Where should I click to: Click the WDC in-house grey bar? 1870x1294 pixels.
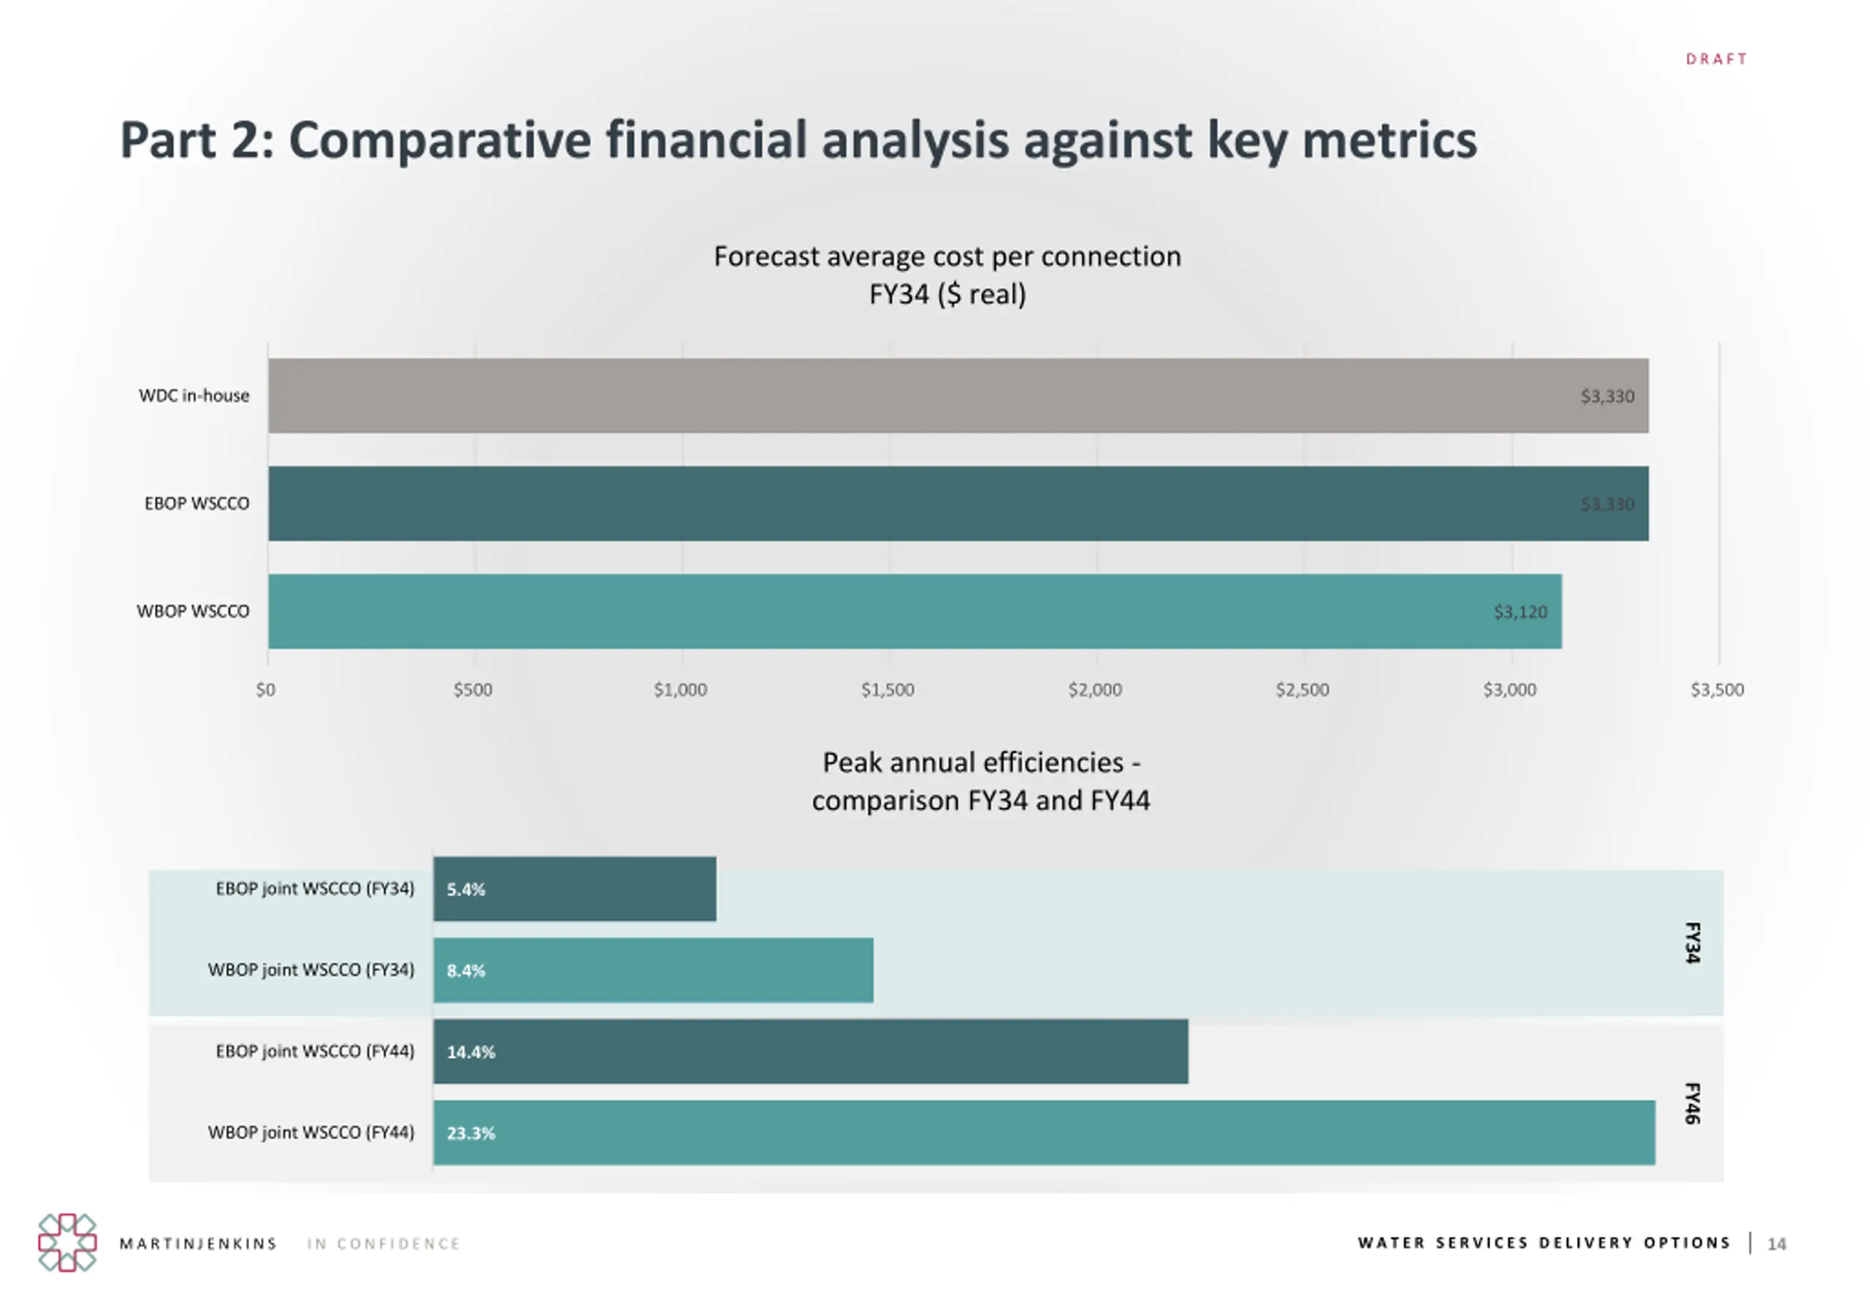(x=957, y=396)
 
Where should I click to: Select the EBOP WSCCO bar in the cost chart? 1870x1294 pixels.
(x=957, y=503)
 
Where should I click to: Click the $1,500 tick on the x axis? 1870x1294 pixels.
(x=888, y=690)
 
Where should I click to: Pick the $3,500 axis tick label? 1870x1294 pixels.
(x=1716, y=690)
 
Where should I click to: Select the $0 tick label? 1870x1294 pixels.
(x=265, y=690)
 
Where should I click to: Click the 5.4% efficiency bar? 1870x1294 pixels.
(x=574, y=889)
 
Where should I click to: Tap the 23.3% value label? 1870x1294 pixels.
(x=470, y=1133)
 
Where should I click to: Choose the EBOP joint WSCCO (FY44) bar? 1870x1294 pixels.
(x=810, y=1052)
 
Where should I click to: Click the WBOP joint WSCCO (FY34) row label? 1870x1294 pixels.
(x=310, y=970)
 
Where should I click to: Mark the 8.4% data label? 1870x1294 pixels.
(x=465, y=970)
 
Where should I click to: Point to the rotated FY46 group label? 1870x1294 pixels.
(x=1692, y=1103)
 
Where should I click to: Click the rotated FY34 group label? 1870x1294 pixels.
(x=1692, y=942)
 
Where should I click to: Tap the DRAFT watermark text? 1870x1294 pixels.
(x=1716, y=59)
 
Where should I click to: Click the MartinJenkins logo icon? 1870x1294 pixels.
(x=67, y=1242)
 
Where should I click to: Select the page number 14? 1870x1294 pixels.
(x=1776, y=1244)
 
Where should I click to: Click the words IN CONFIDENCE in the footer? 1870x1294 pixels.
(x=383, y=1244)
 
